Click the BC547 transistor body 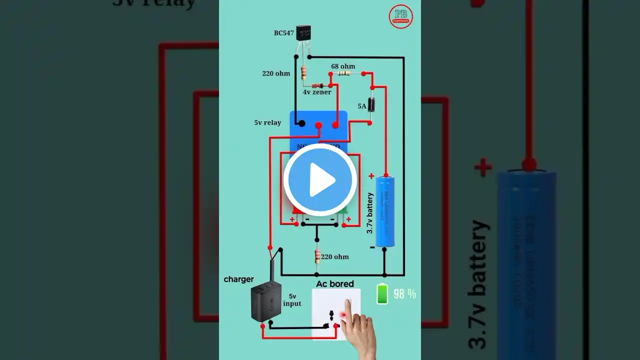303,33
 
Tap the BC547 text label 283,33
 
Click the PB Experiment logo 400,17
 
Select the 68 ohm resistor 344,73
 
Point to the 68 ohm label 343,66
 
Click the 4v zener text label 317,92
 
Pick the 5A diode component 371,105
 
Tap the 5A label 362,106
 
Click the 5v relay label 267,122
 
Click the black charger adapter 265,302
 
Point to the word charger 238,279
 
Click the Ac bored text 335,284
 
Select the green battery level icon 382,294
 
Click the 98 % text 404,294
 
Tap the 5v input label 292,299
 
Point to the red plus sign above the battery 371,176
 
